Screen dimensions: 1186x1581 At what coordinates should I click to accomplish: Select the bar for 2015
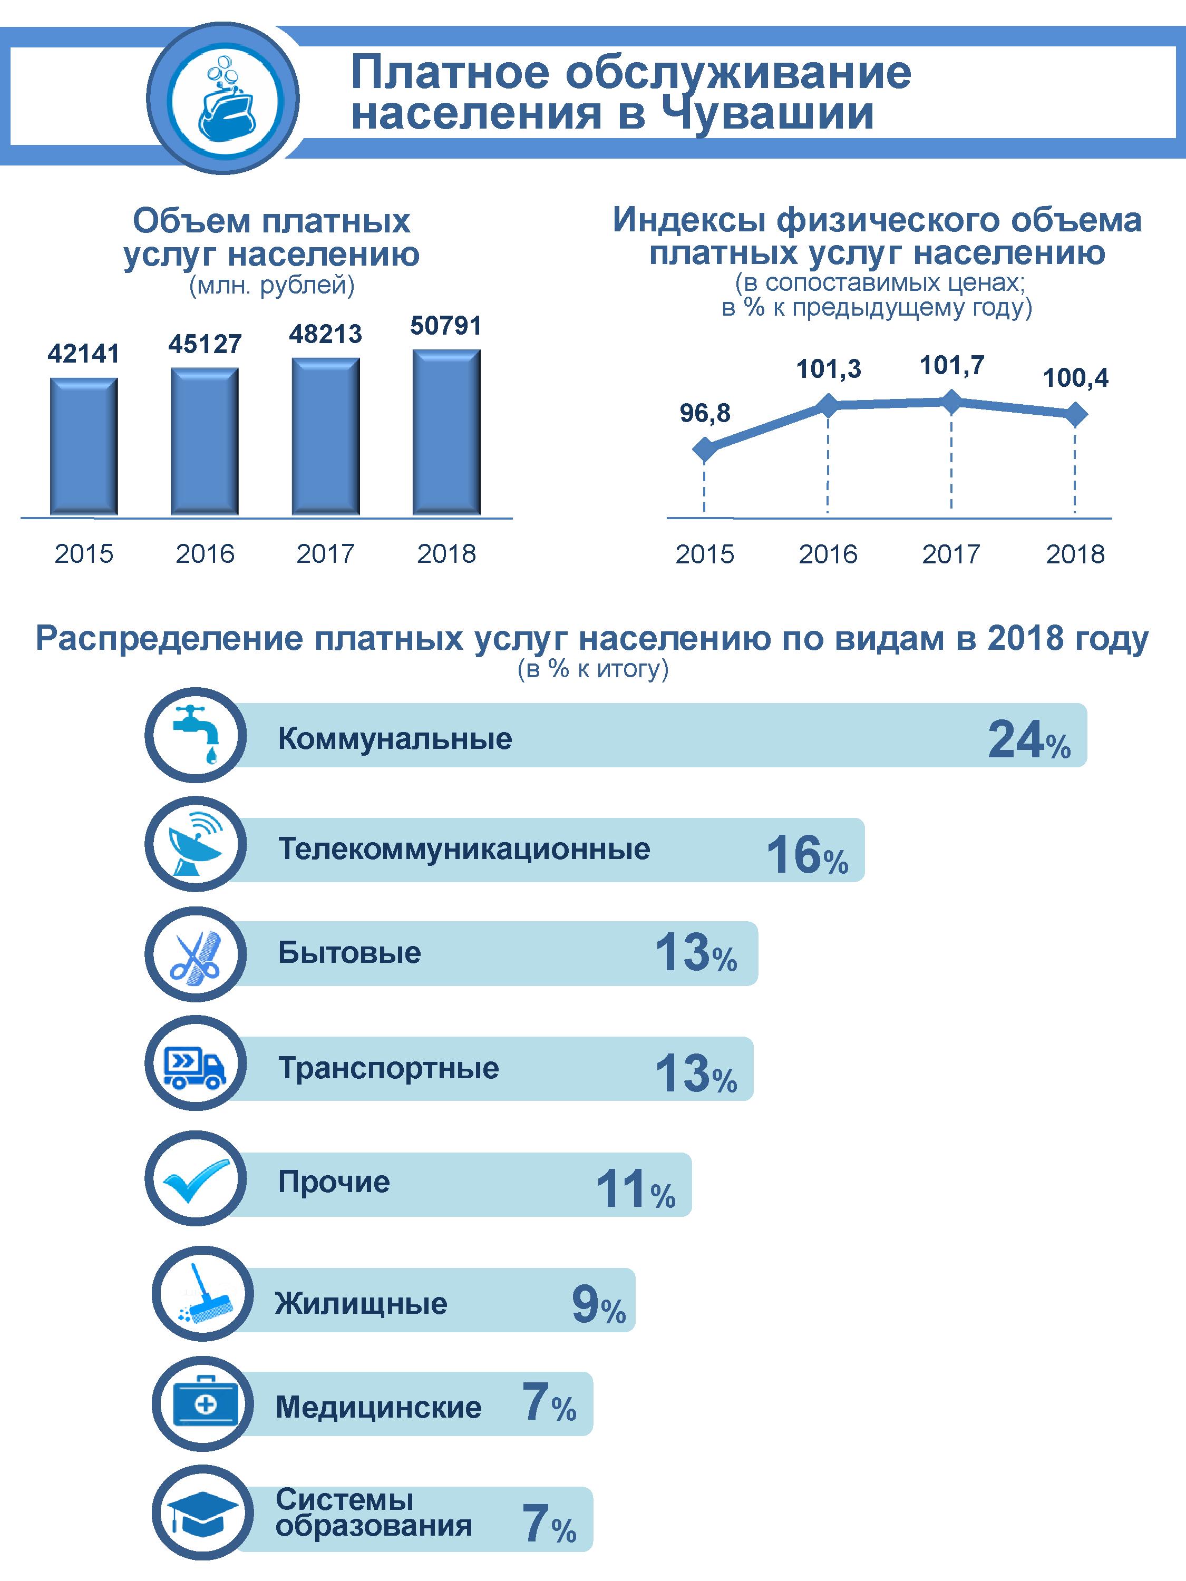[84, 446]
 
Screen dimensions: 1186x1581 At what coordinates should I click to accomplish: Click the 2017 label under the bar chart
[325, 553]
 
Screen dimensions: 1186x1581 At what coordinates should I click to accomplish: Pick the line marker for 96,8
[705, 450]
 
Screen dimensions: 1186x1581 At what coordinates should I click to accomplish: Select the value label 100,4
[1076, 378]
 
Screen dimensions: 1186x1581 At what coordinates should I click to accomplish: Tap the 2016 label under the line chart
[828, 554]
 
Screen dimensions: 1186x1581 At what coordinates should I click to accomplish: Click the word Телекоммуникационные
[464, 849]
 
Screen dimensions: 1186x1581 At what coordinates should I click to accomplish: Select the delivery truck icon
[195, 1068]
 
